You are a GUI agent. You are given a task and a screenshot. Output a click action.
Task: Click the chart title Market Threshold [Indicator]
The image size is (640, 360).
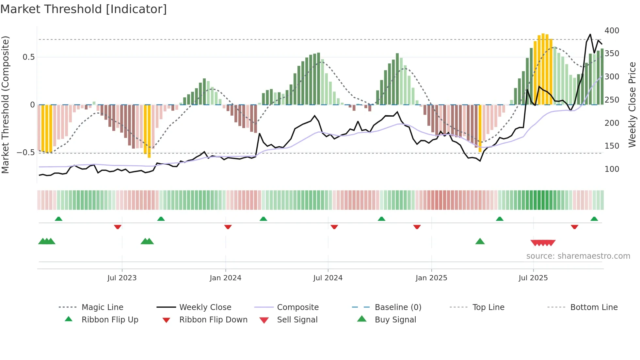[x=84, y=9]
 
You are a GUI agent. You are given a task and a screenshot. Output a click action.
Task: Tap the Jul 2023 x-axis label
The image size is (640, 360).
[x=122, y=278]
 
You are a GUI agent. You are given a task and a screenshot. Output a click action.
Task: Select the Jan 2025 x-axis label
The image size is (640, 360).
[x=431, y=278]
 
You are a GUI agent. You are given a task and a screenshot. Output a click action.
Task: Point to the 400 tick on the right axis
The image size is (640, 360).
[x=612, y=31]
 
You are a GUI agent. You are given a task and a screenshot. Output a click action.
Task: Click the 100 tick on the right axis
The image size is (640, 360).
[x=612, y=169]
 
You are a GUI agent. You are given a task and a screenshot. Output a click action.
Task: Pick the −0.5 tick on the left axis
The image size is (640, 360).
[x=25, y=153]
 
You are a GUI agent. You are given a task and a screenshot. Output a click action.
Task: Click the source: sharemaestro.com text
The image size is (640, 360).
[x=578, y=256]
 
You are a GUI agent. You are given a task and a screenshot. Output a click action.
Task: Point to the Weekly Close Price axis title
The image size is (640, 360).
[x=632, y=105]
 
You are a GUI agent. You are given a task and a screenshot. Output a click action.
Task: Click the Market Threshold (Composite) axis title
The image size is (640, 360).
[x=5, y=105]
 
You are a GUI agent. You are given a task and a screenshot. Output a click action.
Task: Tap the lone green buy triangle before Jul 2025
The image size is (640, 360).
[x=480, y=241]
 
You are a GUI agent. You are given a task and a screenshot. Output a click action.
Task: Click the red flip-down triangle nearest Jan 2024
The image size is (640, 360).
[x=228, y=227]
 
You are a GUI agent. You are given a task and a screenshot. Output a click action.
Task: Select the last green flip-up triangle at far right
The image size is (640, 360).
[x=594, y=219]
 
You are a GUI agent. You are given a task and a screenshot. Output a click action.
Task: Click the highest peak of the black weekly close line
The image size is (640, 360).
[x=590, y=34]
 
